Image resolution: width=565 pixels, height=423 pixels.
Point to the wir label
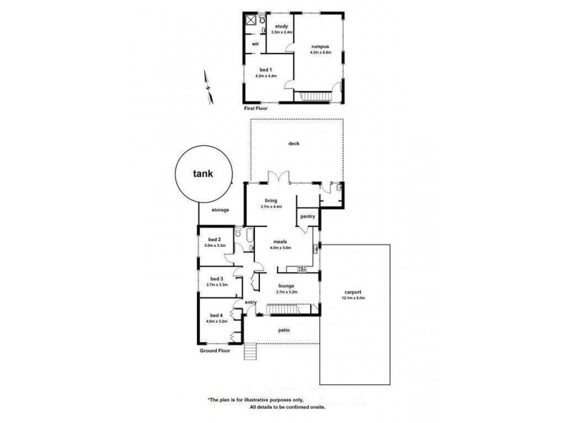255,44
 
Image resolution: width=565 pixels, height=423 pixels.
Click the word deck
294,144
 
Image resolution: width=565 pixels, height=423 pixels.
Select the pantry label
307,216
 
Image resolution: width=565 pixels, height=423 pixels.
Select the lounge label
286,285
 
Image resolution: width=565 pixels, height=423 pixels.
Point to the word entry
250,302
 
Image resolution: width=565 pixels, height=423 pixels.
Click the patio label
284,329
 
